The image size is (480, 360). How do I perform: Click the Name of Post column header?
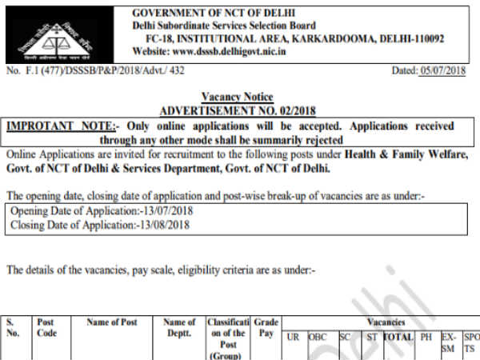point(112,323)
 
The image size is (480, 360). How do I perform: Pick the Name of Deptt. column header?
point(179,329)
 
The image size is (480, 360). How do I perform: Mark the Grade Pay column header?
point(266,329)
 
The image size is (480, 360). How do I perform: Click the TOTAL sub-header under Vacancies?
point(398,338)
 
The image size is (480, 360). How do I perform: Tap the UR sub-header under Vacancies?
point(293,338)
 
